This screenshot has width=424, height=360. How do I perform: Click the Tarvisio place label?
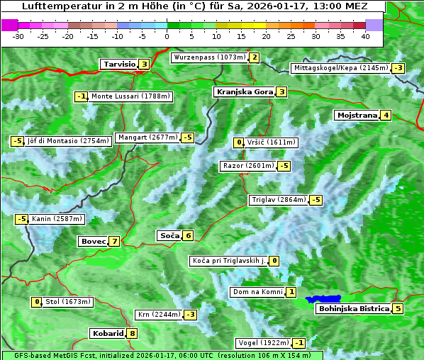pos(119,64)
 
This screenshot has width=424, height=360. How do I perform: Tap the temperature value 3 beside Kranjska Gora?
pos(281,91)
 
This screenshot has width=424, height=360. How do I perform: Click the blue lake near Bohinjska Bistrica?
pos(323,300)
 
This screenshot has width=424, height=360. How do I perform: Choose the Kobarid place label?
pos(108,333)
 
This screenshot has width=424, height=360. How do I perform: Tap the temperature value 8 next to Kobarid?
pos(132,334)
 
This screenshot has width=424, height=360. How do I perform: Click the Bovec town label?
pos(93,241)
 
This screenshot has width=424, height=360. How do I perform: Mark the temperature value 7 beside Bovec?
pos(115,241)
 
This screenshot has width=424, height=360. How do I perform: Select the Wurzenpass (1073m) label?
pos(209,57)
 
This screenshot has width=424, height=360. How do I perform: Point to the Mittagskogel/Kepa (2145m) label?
pos(341,68)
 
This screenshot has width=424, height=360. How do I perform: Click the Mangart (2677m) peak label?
pos(147,137)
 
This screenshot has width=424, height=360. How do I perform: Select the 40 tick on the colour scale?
pos(364,35)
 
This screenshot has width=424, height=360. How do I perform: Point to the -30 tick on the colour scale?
pos(18,35)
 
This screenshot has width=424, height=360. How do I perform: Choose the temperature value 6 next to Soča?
pos(188,235)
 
